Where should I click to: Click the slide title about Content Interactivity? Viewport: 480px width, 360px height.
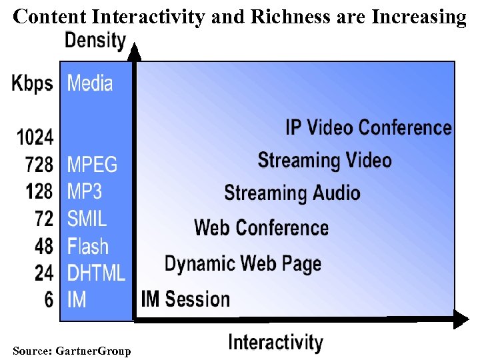coord(240,17)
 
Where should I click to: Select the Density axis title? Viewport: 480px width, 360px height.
coord(95,40)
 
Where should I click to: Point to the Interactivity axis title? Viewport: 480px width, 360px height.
coord(275,343)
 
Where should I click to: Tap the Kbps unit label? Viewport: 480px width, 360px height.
coord(32,83)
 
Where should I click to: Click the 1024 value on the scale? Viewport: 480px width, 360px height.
coord(35,137)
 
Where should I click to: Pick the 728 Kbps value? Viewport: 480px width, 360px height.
coord(39,164)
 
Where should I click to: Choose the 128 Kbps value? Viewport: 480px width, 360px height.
coord(39,191)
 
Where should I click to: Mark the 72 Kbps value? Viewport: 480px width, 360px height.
coord(43,219)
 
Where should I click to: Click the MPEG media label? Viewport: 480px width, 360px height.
coord(92,164)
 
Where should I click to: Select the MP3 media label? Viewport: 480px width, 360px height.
coord(85,191)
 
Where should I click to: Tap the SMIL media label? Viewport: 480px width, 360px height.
coord(87,219)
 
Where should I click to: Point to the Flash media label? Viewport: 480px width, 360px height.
coord(87,246)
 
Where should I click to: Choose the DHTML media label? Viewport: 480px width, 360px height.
coord(96,273)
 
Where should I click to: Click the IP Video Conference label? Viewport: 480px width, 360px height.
coord(369,127)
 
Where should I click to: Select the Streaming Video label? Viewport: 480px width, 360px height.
coord(325,160)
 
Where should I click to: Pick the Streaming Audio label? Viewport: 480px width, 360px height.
coord(292,193)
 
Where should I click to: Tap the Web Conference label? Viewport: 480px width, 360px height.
coord(261,227)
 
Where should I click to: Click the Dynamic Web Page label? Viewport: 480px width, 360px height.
coord(243,264)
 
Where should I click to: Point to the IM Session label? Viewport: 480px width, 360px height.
coord(185,299)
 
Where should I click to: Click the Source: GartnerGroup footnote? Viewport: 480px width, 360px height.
coord(72,351)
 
